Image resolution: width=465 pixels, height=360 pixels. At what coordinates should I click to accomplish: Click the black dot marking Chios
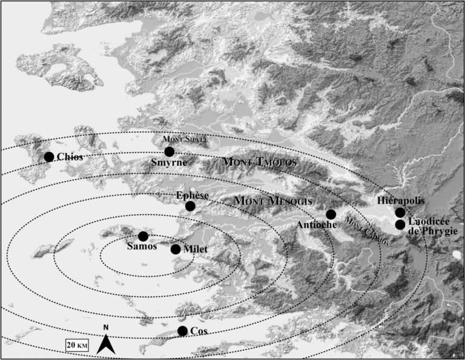click(x=49, y=157)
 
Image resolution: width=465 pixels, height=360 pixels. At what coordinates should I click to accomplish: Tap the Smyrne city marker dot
click(x=169, y=152)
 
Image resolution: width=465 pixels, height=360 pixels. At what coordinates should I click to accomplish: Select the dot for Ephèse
click(x=190, y=206)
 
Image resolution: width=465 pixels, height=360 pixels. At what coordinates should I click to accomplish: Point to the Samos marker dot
click(x=143, y=236)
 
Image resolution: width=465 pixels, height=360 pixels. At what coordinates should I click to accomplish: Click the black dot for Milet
click(x=176, y=249)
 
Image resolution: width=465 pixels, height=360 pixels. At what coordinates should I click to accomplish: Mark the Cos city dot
click(x=182, y=331)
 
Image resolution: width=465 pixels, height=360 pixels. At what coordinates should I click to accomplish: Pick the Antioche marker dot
click(x=331, y=214)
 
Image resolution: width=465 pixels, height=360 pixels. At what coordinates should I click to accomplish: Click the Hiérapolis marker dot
click(x=400, y=212)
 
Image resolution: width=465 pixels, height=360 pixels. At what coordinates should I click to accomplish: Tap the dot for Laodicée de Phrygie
click(x=400, y=225)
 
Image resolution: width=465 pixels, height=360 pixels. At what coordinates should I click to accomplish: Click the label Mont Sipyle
click(x=185, y=139)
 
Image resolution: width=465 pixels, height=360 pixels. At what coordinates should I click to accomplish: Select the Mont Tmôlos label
click(x=260, y=162)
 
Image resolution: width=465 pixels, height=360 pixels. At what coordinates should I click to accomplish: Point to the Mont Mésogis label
click(x=274, y=201)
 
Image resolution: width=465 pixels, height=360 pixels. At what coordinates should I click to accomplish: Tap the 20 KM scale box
click(x=77, y=345)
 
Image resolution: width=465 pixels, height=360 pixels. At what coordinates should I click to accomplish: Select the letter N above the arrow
click(x=106, y=327)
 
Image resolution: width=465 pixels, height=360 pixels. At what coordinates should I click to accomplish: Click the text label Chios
click(x=70, y=157)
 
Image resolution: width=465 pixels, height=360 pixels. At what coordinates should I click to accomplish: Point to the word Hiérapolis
click(x=401, y=201)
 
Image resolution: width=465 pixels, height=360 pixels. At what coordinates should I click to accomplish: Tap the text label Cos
click(x=199, y=331)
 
